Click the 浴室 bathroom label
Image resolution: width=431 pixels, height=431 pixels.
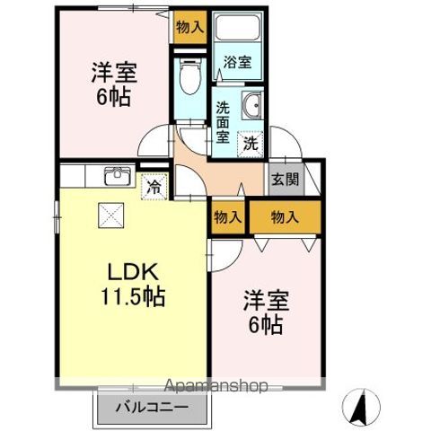pyautogui.click(x=238, y=63)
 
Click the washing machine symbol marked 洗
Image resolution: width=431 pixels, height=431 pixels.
pyautogui.click(x=251, y=141)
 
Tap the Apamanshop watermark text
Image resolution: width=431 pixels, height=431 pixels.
pyautogui.click(x=216, y=387)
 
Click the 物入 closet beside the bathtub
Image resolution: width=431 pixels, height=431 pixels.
pyautogui.click(x=189, y=26)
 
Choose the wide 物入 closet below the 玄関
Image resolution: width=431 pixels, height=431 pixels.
pyautogui.click(x=284, y=216)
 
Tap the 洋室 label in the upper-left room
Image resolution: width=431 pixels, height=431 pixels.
pyautogui.click(x=114, y=70)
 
